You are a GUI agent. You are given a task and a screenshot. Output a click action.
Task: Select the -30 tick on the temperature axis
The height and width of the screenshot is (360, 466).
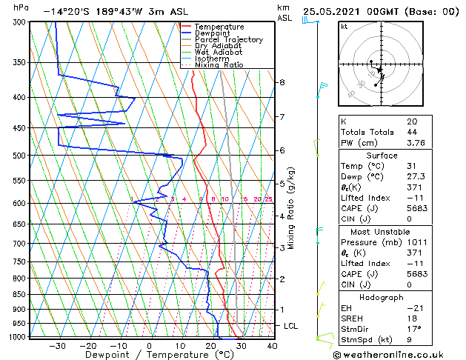(x=57, y=345)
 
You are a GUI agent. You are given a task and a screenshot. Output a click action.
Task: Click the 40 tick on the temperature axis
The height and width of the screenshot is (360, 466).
(x=272, y=345)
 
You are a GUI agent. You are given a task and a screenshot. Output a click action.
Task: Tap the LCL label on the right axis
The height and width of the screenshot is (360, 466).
(x=291, y=326)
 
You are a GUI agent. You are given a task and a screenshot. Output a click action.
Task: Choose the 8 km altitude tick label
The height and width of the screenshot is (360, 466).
(x=282, y=82)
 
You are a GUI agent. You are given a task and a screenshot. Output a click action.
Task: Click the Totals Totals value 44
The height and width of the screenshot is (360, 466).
(x=411, y=132)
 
